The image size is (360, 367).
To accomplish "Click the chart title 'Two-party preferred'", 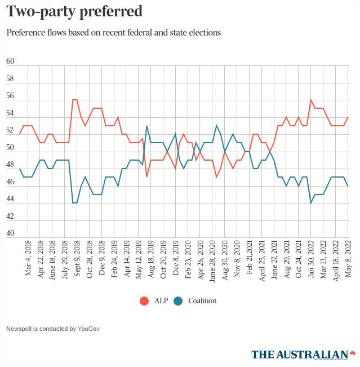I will pos(74,11).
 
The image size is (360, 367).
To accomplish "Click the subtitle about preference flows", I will pos(113,33).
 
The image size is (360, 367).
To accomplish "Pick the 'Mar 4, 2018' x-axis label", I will pos(29,259).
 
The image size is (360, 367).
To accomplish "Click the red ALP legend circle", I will pos(144,300).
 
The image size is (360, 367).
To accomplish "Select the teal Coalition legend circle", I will pos(179,300).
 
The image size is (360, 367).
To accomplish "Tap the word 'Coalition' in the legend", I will pos(202,300).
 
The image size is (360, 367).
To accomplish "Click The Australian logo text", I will pos(300,354).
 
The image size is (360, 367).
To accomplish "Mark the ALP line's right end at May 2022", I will pos(348,118).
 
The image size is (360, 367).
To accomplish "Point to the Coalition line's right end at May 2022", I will pos(348,185).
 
